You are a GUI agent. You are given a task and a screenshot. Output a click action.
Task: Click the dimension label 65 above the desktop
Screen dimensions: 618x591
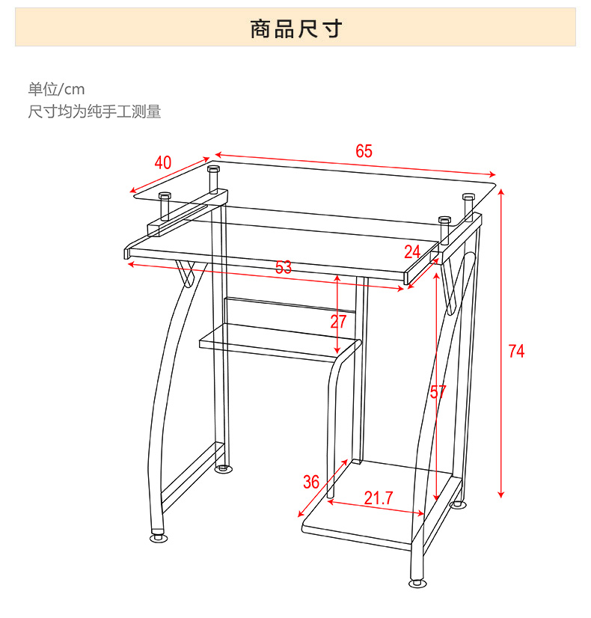[x=364, y=151]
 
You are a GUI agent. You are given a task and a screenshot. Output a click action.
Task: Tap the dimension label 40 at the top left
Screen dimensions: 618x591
[x=163, y=163]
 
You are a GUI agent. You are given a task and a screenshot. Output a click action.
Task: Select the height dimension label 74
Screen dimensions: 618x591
[x=516, y=350]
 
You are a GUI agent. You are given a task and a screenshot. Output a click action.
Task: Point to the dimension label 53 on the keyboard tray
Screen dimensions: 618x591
[x=284, y=267]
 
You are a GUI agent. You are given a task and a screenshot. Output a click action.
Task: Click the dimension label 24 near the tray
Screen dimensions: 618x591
[x=412, y=251]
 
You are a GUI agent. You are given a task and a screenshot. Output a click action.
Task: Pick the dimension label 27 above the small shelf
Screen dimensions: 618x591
[x=339, y=322]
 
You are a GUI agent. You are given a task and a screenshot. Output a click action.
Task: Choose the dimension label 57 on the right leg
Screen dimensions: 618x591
[x=438, y=391]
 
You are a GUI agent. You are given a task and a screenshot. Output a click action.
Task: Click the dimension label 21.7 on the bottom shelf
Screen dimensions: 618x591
[x=379, y=498]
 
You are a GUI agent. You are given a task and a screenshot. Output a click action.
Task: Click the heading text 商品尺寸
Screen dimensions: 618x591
[x=295, y=29]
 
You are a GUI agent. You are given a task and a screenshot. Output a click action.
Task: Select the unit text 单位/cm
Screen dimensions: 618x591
[x=57, y=90]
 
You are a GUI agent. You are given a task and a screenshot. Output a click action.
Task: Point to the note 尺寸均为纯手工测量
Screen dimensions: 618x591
[x=95, y=112]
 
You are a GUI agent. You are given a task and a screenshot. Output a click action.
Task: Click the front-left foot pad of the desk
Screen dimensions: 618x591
[x=158, y=537]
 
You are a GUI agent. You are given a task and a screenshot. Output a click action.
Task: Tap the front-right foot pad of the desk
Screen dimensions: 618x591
[x=417, y=583]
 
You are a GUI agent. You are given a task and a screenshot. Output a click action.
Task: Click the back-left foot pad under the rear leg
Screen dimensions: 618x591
[x=223, y=469]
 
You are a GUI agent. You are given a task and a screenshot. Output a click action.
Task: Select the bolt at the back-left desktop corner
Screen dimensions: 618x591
[x=212, y=177]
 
